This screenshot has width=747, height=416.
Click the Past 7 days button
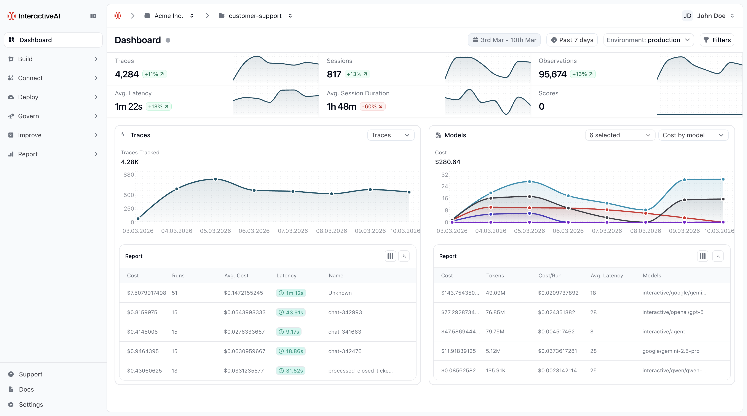click(572, 40)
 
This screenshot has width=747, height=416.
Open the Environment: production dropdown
click(648, 40)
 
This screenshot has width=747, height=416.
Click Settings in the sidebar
click(31, 404)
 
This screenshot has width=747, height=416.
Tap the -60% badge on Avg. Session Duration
click(372, 106)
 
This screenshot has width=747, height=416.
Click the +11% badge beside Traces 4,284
click(154, 74)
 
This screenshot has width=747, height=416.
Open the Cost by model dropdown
click(693, 135)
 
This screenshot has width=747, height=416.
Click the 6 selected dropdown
click(620, 135)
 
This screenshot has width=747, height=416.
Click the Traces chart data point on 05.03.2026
click(215, 179)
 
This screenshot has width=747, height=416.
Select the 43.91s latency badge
click(291, 312)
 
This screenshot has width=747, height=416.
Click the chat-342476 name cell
click(345, 351)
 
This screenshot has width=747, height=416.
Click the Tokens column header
click(495, 276)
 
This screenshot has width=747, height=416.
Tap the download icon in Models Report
click(718, 256)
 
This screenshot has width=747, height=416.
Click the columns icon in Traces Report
click(390, 256)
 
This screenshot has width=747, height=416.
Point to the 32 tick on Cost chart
click(445, 175)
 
